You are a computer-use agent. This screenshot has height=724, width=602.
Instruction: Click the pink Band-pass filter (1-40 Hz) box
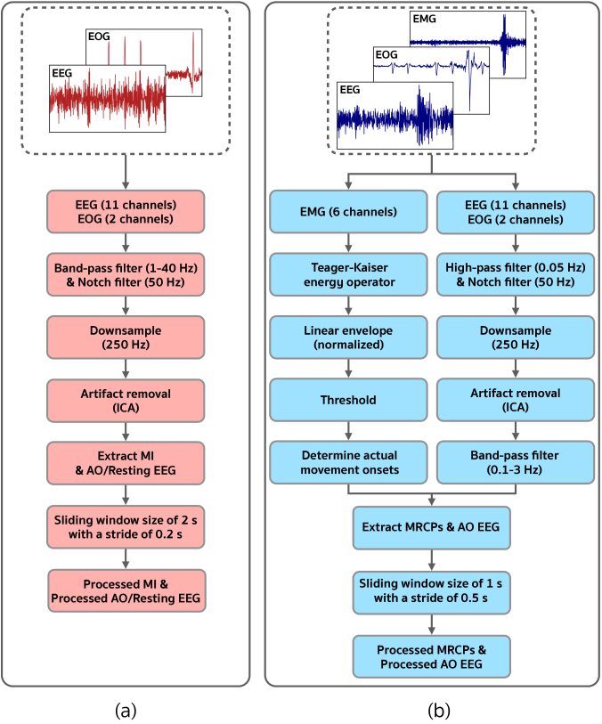[126, 269]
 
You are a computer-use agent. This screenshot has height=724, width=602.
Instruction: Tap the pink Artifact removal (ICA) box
[126, 396]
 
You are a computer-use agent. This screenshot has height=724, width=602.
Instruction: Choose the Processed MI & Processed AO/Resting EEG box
[126, 590]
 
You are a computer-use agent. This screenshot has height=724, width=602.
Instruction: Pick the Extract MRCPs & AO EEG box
[431, 529]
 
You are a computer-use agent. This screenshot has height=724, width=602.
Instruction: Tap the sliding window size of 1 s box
[431, 593]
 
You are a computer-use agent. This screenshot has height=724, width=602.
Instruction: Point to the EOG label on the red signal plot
[100, 37]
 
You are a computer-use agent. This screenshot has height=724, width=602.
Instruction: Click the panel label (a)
[126, 710]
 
